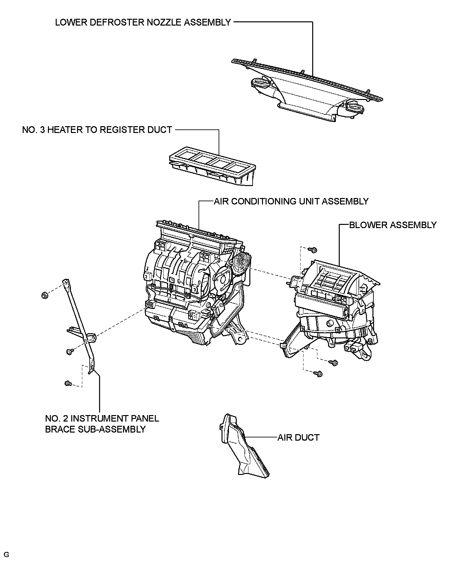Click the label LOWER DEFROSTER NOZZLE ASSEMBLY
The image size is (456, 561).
point(143,22)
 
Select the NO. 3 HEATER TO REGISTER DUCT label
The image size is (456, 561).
point(97,130)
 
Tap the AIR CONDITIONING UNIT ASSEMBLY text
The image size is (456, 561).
point(291,201)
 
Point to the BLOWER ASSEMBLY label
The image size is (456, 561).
point(393,225)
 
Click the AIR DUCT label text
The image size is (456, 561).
point(298,437)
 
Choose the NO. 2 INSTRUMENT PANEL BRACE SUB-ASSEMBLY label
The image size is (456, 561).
point(102,424)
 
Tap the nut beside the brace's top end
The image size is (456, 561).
point(45,295)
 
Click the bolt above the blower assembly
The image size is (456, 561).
point(313,250)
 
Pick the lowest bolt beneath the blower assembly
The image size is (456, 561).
point(319,374)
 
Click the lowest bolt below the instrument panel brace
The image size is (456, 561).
point(68,383)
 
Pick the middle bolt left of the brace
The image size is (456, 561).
point(69,351)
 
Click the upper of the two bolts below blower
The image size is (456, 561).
point(334,363)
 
